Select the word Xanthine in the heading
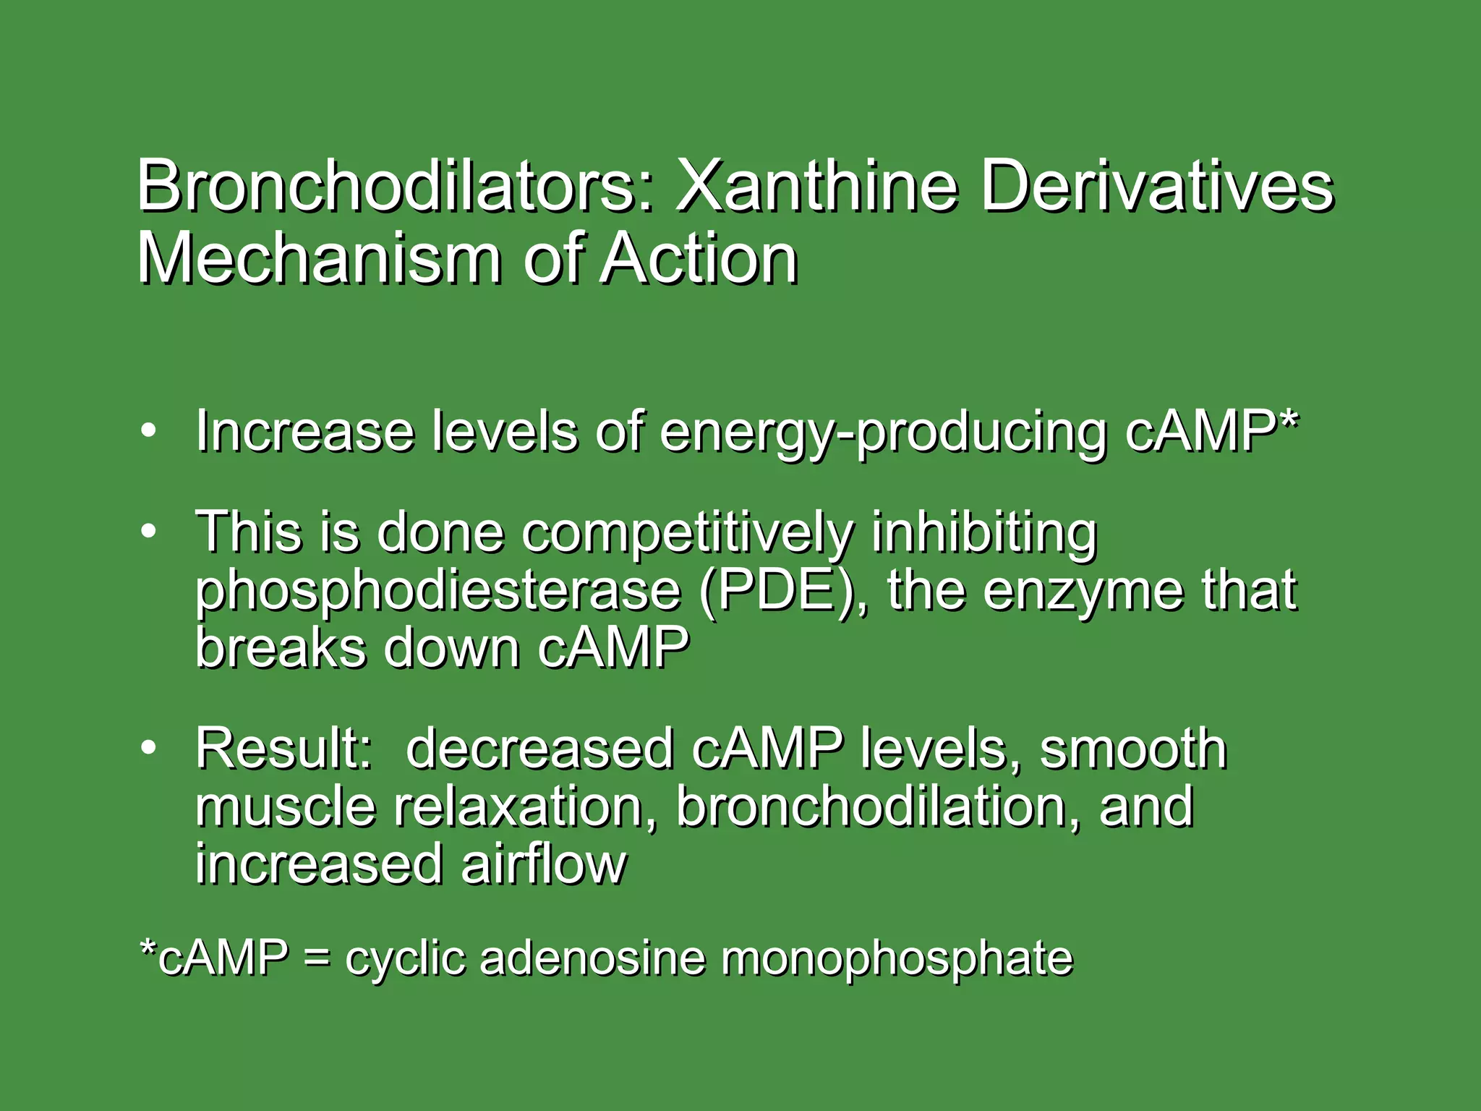click(816, 187)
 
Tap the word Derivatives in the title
click(1156, 187)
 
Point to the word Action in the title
click(699, 258)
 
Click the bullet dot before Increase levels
click(148, 432)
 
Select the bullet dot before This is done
click(148, 532)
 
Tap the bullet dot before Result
click(148, 749)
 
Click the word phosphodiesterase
click(438, 592)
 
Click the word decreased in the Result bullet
click(539, 749)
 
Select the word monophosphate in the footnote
click(897, 959)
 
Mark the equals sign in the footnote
click(316, 959)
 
